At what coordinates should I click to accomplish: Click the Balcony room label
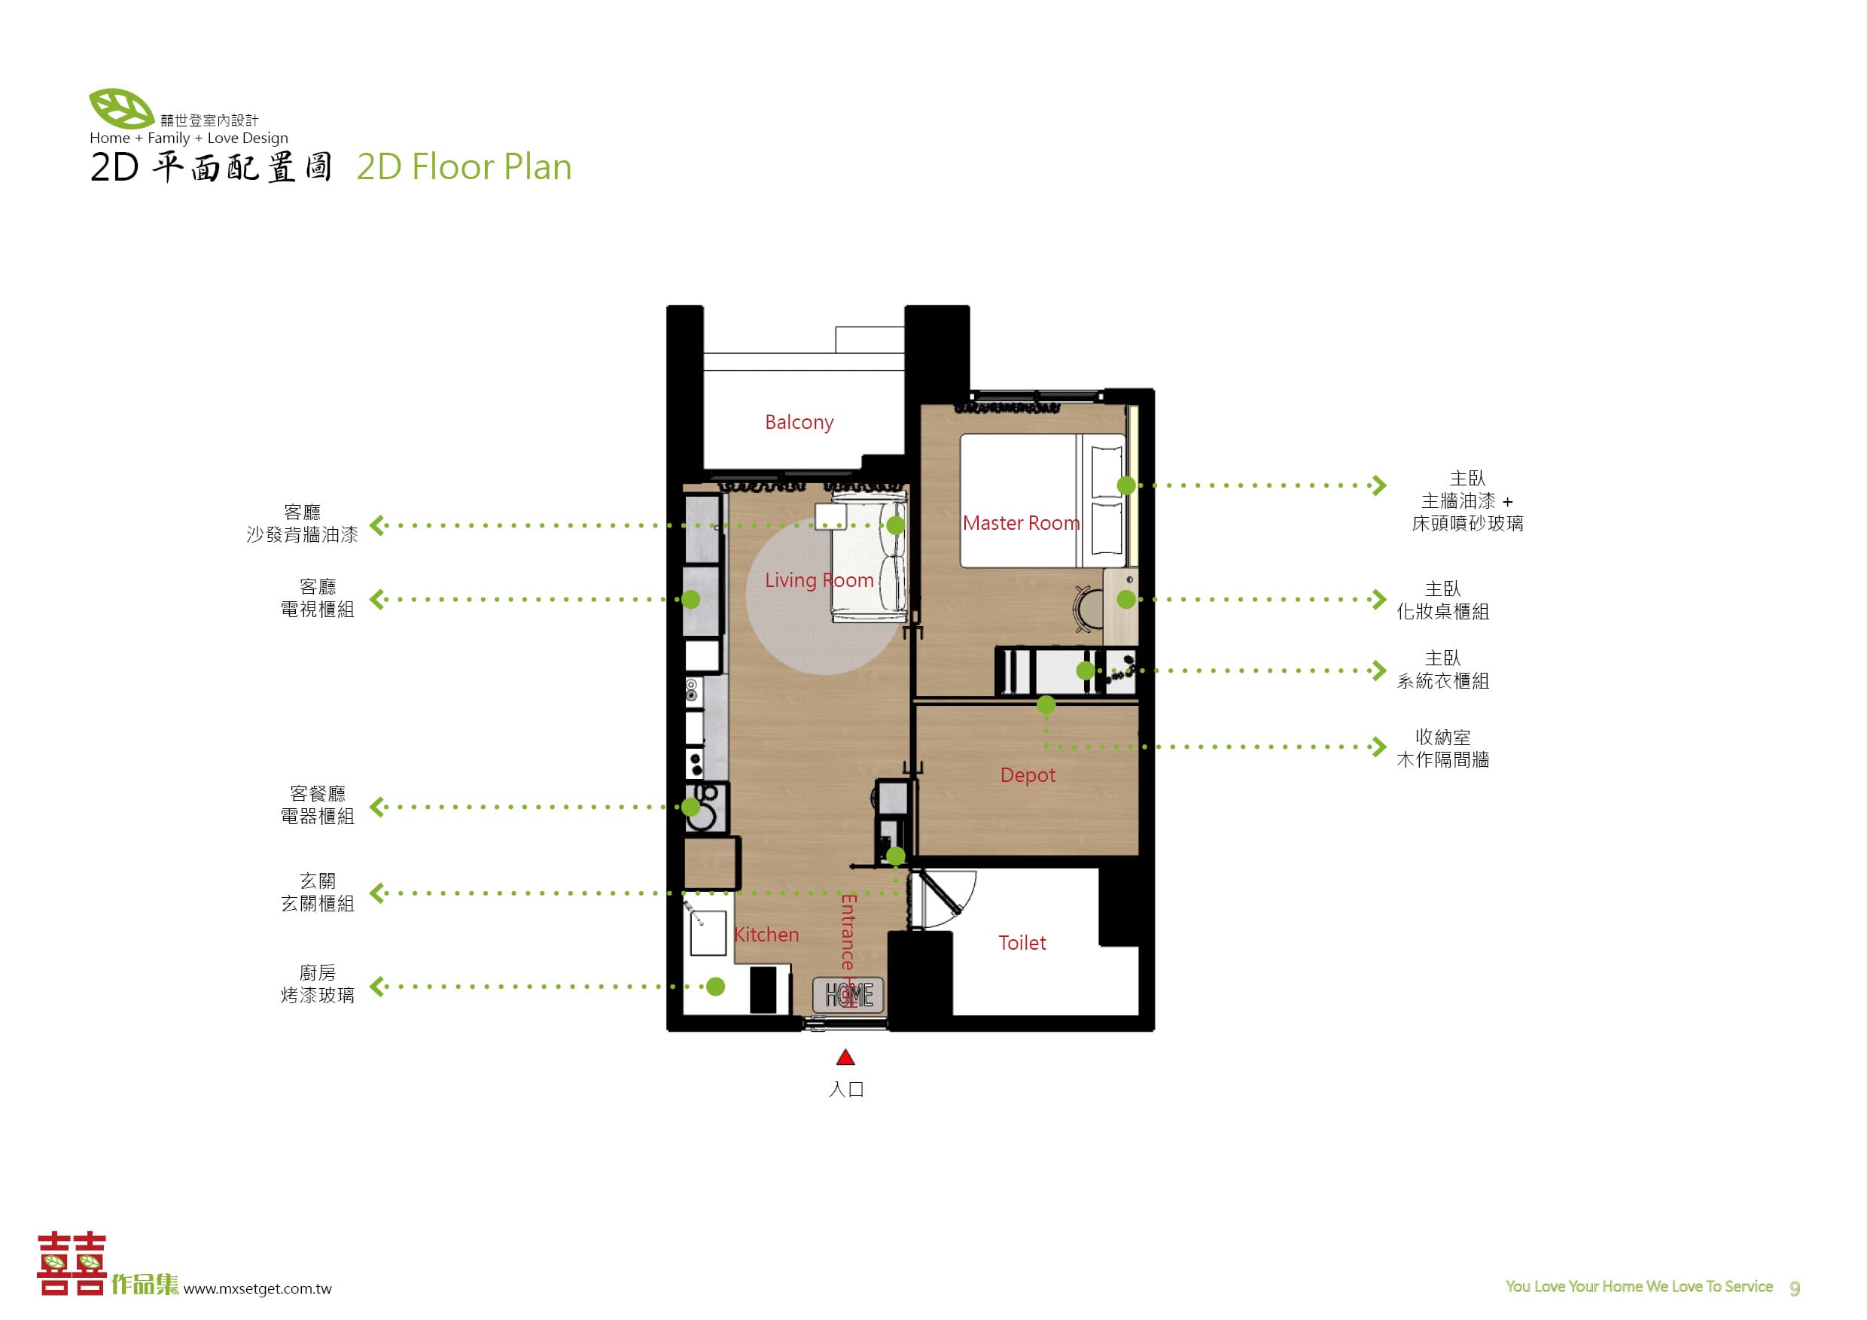pyautogui.click(x=799, y=423)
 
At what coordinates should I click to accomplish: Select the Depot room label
pyautogui.click(x=1028, y=775)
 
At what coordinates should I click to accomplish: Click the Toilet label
pyautogui.click(x=1022, y=943)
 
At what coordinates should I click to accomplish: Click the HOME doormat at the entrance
pyautogui.click(x=849, y=994)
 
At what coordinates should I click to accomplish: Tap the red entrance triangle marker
pyautogui.click(x=845, y=1057)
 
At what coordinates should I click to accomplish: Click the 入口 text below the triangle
pyautogui.click(x=845, y=1089)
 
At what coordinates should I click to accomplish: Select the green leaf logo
pyautogui.click(x=121, y=108)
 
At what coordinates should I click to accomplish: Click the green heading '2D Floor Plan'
pyautogui.click(x=464, y=166)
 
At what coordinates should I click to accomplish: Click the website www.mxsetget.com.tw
pyautogui.click(x=257, y=1288)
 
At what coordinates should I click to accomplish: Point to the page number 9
pyautogui.click(x=1795, y=1288)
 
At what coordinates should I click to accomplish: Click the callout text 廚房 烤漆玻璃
pyautogui.click(x=317, y=984)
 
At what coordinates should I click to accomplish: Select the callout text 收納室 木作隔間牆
pyautogui.click(x=1442, y=749)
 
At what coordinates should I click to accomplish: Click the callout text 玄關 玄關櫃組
pyautogui.click(x=317, y=893)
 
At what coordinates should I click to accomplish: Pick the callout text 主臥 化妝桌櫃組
pyautogui.click(x=1442, y=600)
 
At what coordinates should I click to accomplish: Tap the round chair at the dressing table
pyautogui.click(x=1088, y=608)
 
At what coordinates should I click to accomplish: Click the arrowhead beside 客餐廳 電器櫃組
pyautogui.click(x=376, y=807)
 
